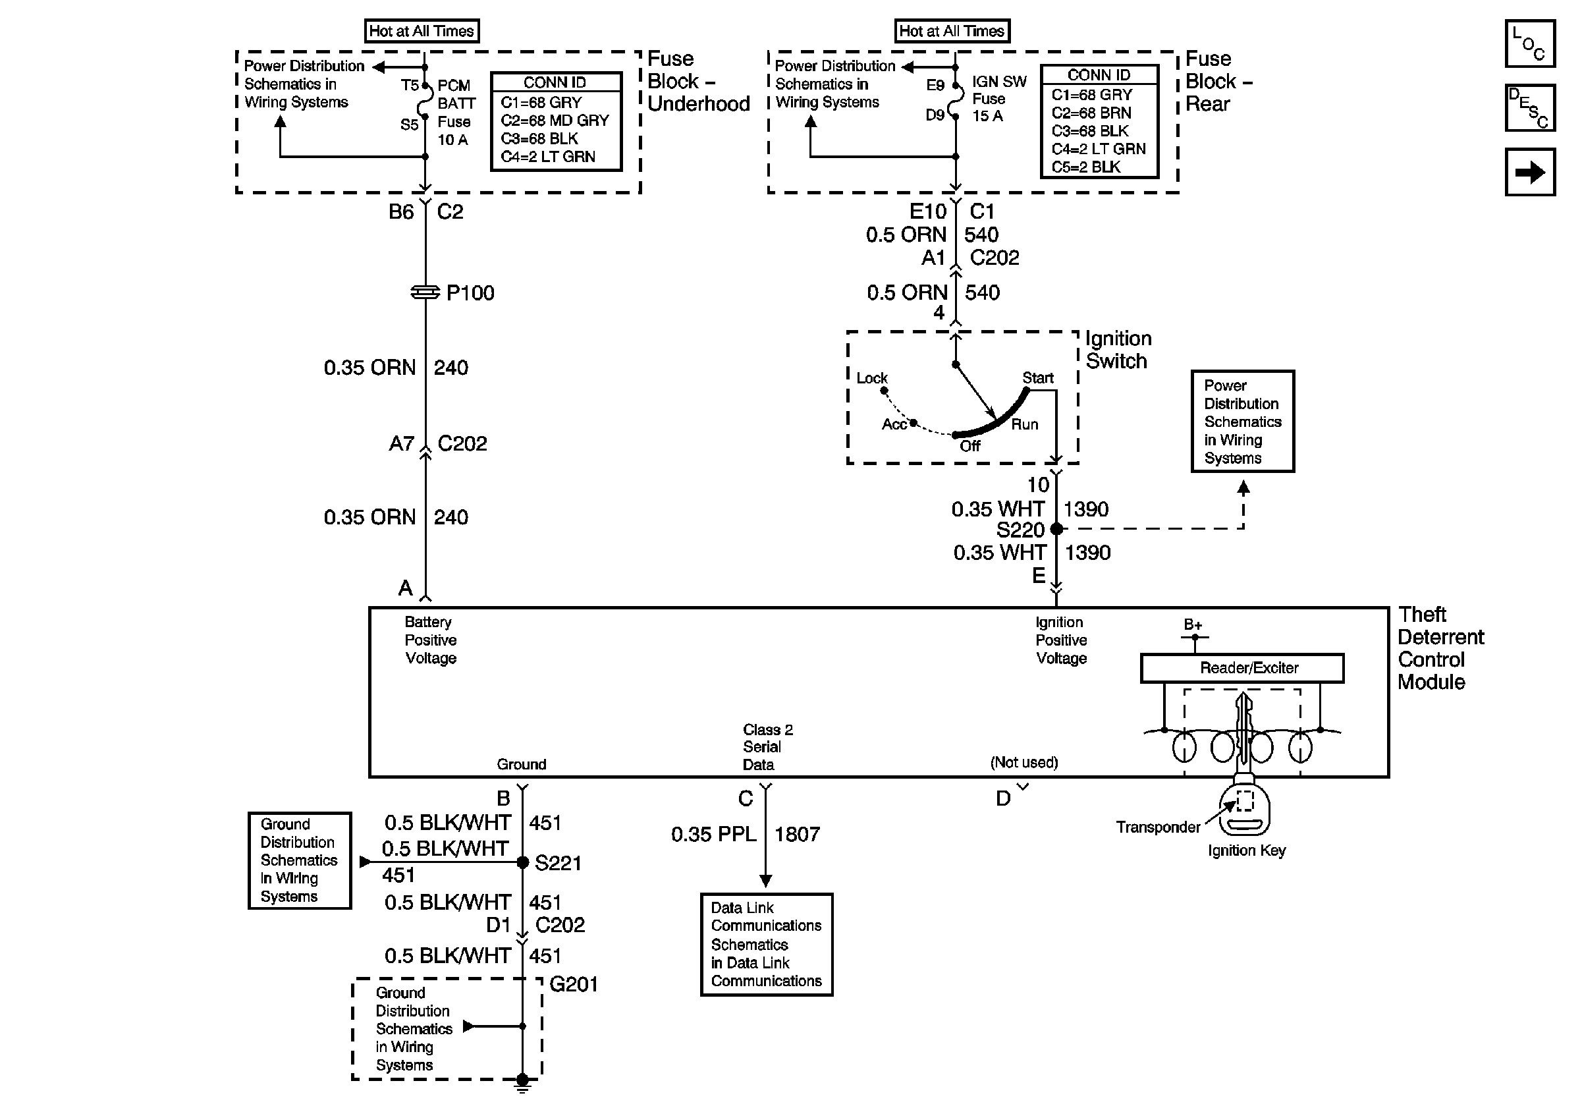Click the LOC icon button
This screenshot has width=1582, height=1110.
click(1529, 44)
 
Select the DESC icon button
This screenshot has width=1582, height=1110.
click(1529, 108)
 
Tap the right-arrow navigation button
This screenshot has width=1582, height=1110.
click(1529, 172)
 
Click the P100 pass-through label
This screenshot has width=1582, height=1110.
click(470, 293)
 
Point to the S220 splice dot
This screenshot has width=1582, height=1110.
click(1056, 529)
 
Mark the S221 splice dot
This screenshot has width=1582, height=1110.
click(522, 862)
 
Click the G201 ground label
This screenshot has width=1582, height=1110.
click(573, 984)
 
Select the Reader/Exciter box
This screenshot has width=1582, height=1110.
click(1241, 668)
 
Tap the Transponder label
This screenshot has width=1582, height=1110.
click(1158, 827)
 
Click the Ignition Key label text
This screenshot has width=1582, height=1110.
click(1247, 850)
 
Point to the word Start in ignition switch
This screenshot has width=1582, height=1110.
click(1038, 377)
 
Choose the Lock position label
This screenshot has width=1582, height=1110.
click(871, 377)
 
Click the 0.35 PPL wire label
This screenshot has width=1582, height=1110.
click(713, 835)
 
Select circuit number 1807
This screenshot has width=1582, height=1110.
click(797, 835)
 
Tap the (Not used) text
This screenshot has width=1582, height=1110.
click(1024, 762)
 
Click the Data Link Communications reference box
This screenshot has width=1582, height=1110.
click(766, 945)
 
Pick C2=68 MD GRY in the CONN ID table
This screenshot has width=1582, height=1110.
click(555, 121)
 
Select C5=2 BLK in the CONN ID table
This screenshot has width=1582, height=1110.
click(1086, 167)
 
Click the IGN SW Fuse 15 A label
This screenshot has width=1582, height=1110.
click(999, 99)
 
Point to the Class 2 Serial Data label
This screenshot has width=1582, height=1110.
click(767, 747)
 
